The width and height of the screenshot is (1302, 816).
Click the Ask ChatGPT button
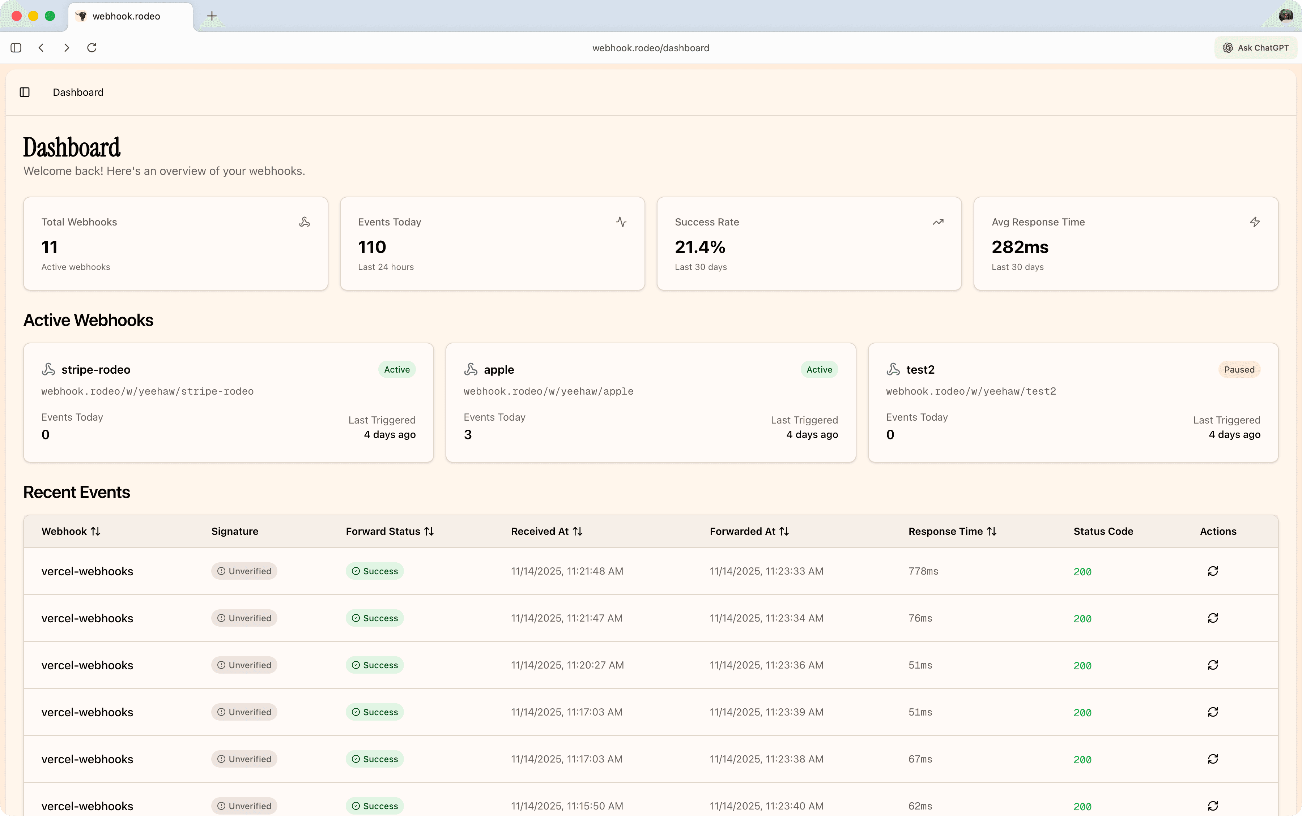1256,47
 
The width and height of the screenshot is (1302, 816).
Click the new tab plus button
212,16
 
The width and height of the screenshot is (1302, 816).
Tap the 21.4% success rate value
700,247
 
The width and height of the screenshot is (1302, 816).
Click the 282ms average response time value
1020,247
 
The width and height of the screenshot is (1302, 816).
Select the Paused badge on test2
1239,370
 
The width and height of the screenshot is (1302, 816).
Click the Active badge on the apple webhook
819,370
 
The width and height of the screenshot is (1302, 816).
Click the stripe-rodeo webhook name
95,370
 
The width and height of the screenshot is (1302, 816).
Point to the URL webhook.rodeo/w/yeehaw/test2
970,391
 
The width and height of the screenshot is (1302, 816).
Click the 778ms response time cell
923,571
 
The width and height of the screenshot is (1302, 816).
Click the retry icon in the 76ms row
1212,618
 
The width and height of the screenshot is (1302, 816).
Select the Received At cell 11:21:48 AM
566,571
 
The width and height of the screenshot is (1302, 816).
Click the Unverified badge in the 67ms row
244,759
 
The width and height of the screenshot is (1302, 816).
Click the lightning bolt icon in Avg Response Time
1255,222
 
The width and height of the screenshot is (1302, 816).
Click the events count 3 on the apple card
468,434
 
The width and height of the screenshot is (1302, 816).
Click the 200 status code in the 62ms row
1082,806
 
